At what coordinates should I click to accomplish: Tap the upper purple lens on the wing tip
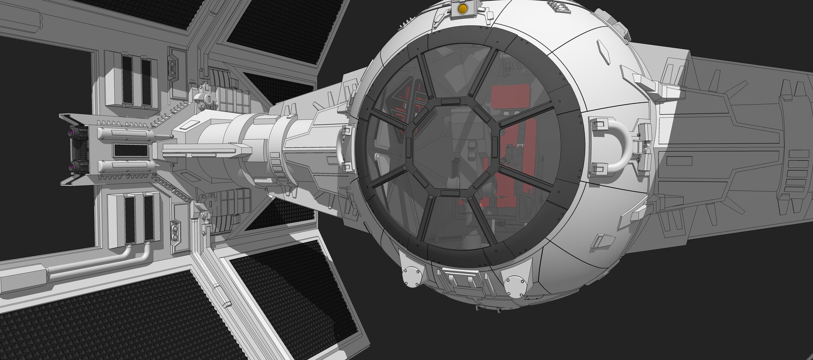74,133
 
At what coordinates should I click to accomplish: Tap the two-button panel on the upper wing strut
174,66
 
